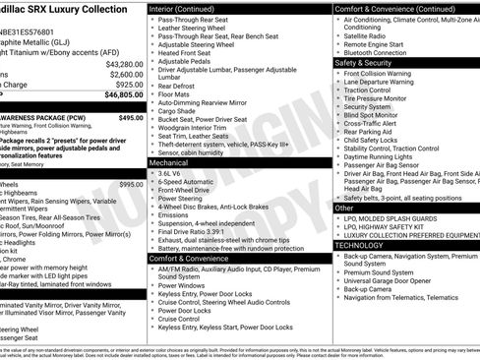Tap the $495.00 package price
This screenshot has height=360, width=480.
130,117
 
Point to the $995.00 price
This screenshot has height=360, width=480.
130,184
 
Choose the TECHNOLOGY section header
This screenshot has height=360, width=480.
362,245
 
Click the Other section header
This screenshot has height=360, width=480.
345,209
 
